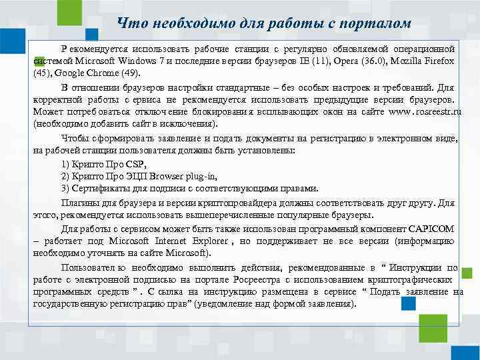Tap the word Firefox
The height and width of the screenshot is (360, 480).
point(438,61)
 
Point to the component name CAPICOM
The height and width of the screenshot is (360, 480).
point(429,229)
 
